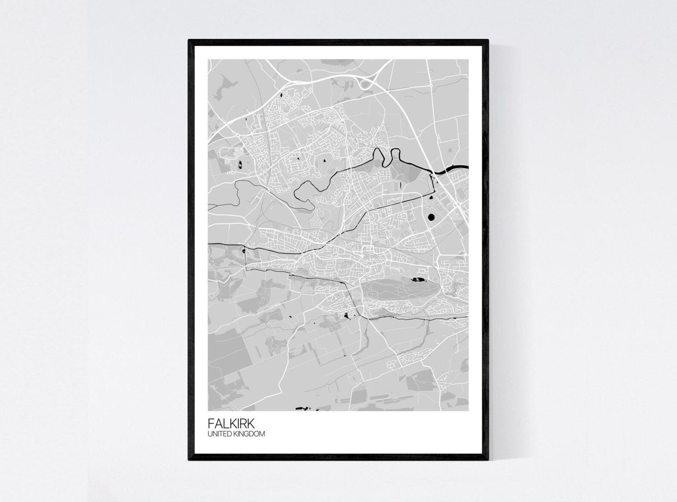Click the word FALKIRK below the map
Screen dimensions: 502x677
231,423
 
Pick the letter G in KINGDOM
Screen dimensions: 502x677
250,434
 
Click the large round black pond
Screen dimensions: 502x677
431,217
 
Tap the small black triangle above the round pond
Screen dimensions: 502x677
431,197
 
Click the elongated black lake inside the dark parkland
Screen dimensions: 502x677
416,280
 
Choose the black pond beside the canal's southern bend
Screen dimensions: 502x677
347,316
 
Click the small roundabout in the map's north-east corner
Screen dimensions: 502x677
431,85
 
